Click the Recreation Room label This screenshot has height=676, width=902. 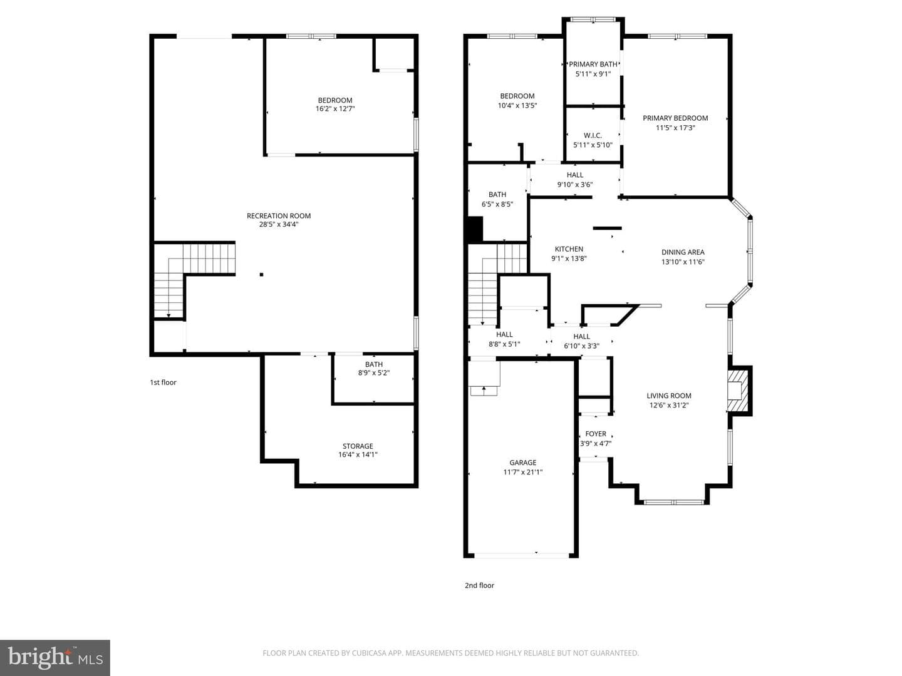click(x=279, y=216)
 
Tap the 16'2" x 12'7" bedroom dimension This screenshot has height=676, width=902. click(x=335, y=109)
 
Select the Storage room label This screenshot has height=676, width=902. click(x=358, y=446)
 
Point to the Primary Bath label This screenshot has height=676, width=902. click(x=593, y=64)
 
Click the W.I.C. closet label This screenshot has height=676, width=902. click(x=593, y=135)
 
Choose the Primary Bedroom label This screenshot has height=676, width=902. click(x=675, y=118)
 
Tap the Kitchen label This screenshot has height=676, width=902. click(x=569, y=249)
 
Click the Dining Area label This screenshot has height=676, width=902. click(x=683, y=252)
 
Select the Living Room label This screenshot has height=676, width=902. click(x=669, y=396)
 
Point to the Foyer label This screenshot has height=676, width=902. click(x=596, y=434)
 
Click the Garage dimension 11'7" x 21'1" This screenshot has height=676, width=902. click(x=522, y=472)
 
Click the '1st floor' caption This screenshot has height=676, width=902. click(x=163, y=382)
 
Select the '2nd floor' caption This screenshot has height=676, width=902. click(x=479, y=586)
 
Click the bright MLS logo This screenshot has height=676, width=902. click(x=55, y=657)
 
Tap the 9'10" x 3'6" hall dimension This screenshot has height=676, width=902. click(x=575, y=185)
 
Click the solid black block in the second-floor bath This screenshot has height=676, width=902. click(x=475, y=229)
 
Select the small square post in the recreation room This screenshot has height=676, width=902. click(x=261, y=275)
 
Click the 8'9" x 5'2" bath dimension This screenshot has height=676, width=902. click(x=373, y=373)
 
